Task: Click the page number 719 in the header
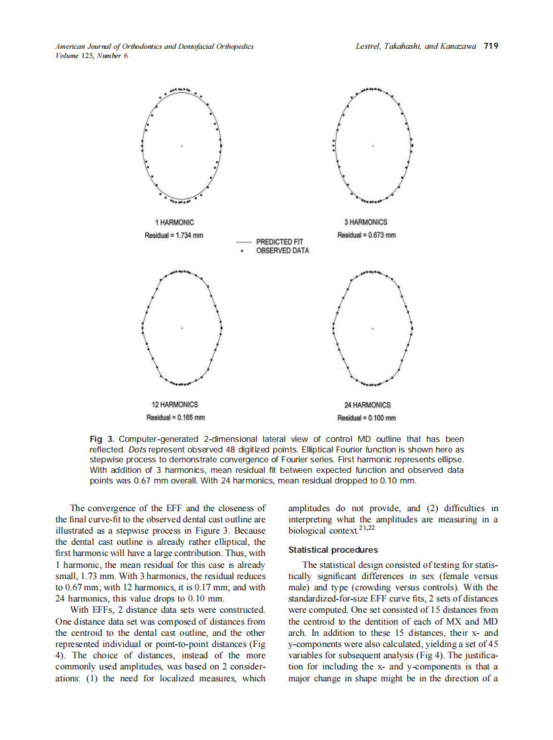tap(490, 46)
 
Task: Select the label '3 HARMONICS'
tap(366, 223)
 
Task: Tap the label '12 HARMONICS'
tap(175, 404)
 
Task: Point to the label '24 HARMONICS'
tap(366, 405)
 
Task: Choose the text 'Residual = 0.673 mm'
tap(366, 235)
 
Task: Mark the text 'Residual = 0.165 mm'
tap(175, 417)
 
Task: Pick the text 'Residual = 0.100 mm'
tap(366, 418)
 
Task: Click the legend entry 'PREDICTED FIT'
tap(278, 243)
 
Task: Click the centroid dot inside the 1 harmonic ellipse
tap(179, 144)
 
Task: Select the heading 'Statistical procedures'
tap(333, 549)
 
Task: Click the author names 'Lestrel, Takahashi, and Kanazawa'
tap(416, 46)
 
